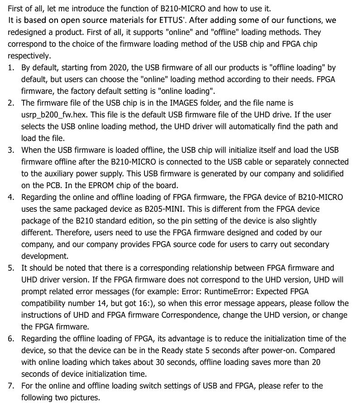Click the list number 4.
pos(11,198)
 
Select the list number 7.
pos(11,386)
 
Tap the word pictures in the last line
pos(84,398)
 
